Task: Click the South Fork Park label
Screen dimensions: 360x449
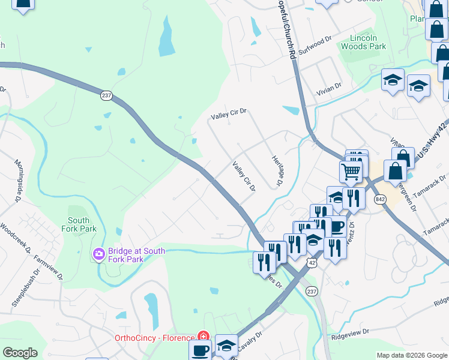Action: point(79,224)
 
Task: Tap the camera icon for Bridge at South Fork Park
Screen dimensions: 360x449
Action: point(99,255)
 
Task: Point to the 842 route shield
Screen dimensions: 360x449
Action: point(379,199)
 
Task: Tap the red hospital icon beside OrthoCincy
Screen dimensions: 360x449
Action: point(204,337)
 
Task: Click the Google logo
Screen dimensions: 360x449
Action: point(20,352)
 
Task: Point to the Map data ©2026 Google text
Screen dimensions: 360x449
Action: point(411,355)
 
